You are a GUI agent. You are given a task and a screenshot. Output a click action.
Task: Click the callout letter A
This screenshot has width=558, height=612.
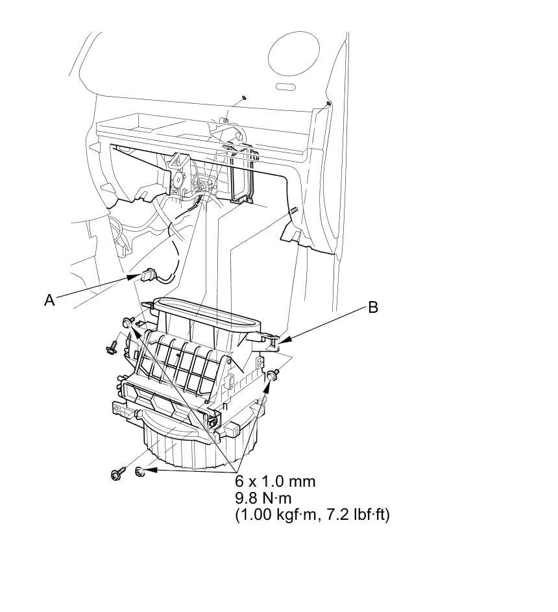(x=49, y=300)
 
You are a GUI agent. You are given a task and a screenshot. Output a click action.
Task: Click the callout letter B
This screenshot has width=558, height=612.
(x=372, y=307)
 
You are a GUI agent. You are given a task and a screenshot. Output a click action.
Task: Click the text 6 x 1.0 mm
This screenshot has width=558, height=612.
(x=275, y=482)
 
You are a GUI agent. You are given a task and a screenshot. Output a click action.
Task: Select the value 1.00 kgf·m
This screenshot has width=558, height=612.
(x=273, y=515)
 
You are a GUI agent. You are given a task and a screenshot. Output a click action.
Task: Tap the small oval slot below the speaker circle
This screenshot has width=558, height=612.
(x=285, y=87)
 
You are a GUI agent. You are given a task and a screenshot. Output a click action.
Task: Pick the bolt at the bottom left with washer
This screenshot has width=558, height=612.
(x=117, y=474)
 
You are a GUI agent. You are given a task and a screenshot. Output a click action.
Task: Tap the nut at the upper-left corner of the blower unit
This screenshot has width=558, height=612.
(x=128, y=322)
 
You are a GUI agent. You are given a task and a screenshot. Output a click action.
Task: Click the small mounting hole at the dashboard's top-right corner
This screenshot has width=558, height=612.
(x=329, y=104)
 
